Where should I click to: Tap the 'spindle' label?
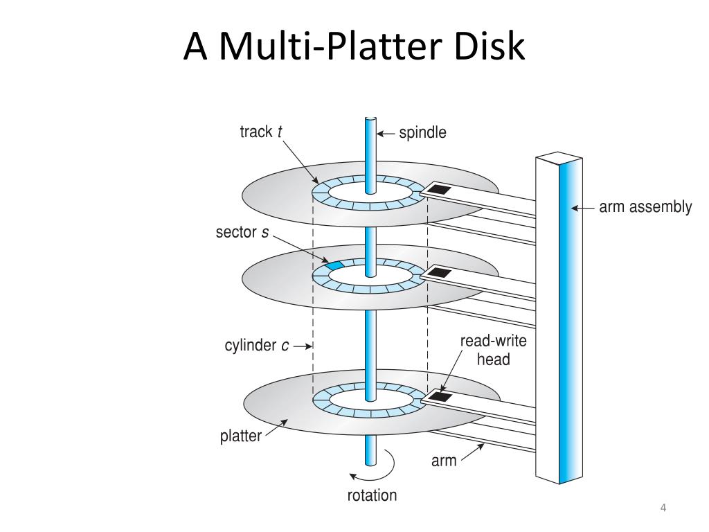click(x=422, y=132)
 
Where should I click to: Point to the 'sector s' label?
click(x=242, y=232)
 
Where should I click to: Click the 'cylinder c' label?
click(x=257, y=345)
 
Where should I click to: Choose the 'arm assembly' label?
click(x=645, y=206)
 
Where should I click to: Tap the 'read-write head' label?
click(x=493, y=350)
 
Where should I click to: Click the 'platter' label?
click(x=241, y=436)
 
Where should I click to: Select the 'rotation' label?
click(x=373, y=495)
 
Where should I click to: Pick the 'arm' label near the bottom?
click(x=444, y=461)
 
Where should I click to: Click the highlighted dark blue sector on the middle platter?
click(x=335, y=265)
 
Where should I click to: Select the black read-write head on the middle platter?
click(x=439, y=272)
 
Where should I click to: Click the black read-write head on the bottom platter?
click(x=440, y=397)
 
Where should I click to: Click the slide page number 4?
click(x=663, y=509)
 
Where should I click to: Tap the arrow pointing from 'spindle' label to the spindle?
click(x=386, y=132)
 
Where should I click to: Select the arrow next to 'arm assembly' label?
click(x=583, y=207)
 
